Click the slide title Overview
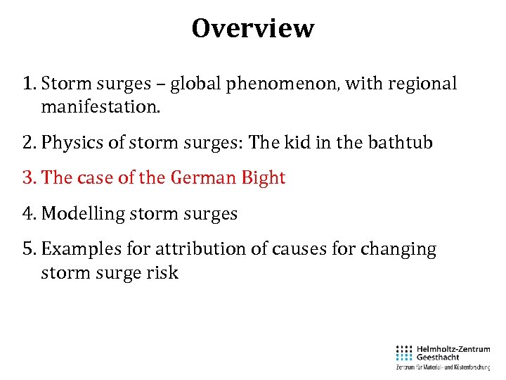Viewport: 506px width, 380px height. click(x=253, y=29)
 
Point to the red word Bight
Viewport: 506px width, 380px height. click(x=263, y=177)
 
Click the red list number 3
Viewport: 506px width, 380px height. click(x=28, y=177)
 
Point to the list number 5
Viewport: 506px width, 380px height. click(x=28, y=249)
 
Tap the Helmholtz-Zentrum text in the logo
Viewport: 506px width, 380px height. click(x=453, y=348)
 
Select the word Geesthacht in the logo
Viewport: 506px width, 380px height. click(x=439, y=357)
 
